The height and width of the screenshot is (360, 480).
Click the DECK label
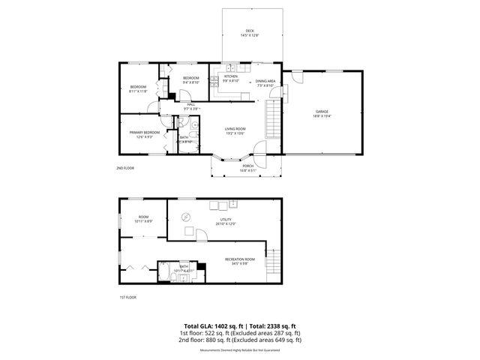point(250,31)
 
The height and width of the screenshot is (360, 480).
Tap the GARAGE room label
point(322,112)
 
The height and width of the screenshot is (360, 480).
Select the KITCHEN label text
point(231,77)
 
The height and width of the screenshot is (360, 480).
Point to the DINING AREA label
point(265,81)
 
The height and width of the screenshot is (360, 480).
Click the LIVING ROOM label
point(235,129)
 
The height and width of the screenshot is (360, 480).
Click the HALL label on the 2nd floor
point(190,104)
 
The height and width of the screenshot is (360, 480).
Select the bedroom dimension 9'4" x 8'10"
point(191,83)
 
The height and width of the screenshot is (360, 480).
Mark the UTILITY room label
point(226,220)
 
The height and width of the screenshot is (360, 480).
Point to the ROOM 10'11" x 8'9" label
point(143,219)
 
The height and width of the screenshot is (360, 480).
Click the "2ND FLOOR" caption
point(126,168)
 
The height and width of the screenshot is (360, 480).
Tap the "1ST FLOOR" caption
point(128,298)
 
